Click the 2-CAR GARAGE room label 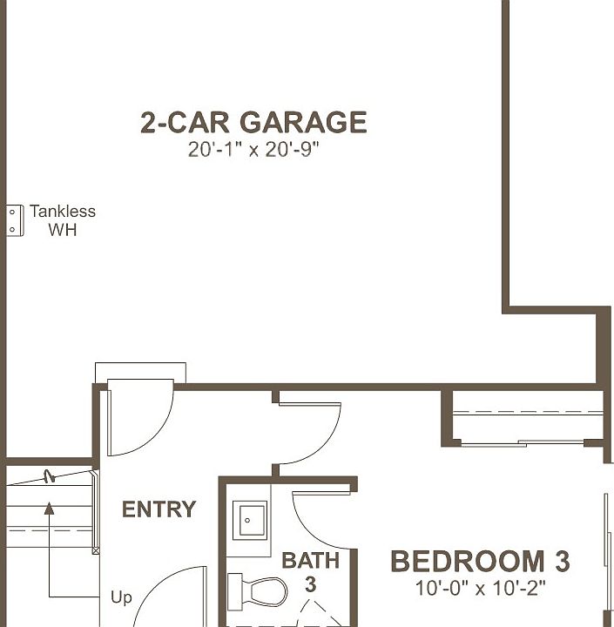point(253,123)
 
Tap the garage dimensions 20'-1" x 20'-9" point(253,150)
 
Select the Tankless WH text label point(62,220)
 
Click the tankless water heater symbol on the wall point(14,219)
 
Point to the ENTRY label point(159,509)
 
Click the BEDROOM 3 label point(480,562)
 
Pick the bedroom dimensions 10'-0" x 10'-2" point(480,589)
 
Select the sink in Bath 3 point(251,522)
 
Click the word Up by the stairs point(122,598)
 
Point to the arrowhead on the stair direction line point(50,508)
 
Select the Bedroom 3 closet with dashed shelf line point(529,418)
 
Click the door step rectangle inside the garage point(140,372)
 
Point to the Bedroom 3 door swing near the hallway point(310,432)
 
